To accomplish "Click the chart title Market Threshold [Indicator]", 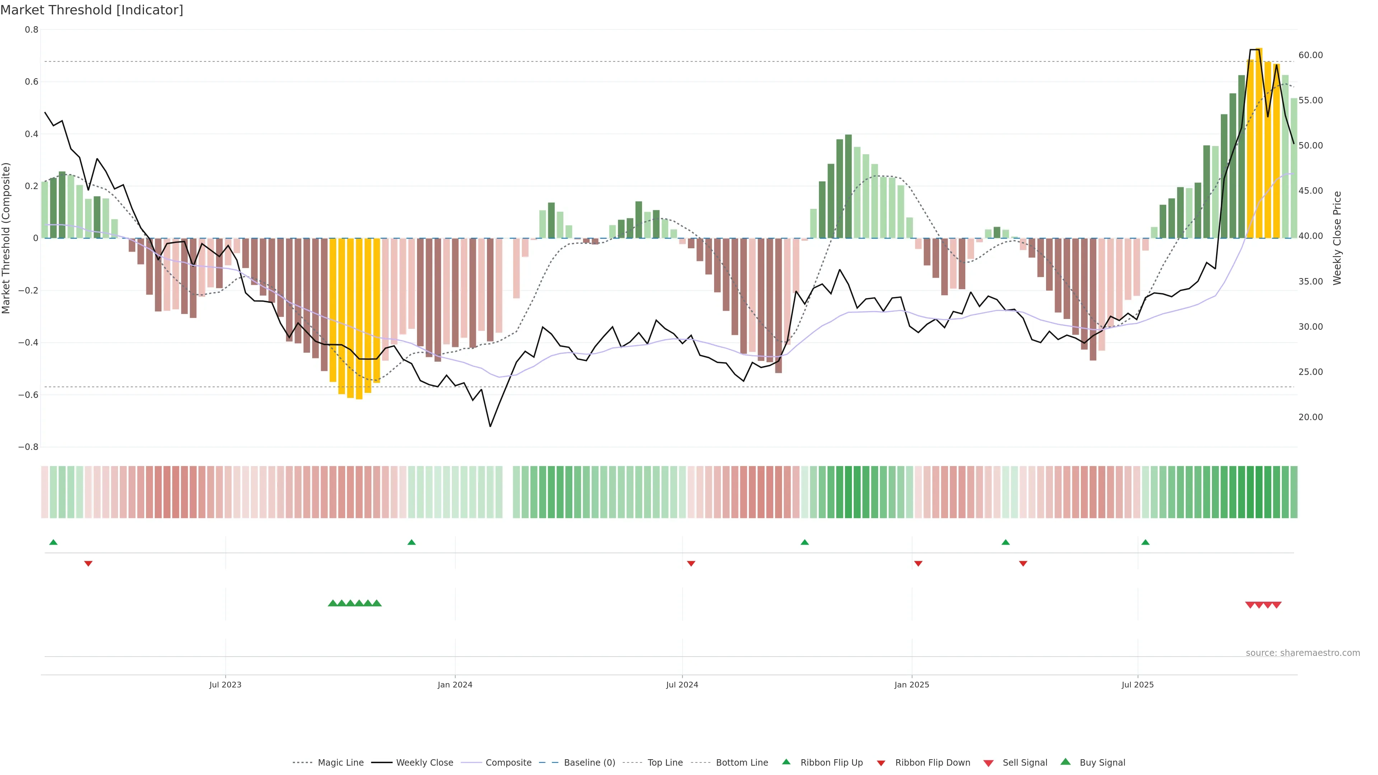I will click(x=92, y=10).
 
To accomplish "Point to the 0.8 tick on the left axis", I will click(x=32, y=30).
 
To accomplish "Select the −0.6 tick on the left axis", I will click(x=28, y=395).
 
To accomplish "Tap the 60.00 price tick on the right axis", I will click(x=1310, y=55).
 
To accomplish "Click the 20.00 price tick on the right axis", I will click(x=1310, y=417).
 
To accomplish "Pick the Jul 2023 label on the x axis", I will click(x=225, y=685).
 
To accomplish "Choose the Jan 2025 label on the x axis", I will click(x=911, y=685).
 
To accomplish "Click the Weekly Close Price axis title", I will click(x=1337, y=238).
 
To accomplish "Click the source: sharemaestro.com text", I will click(x=1303, y=653).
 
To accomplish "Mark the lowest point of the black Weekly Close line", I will click(x=490, y=426).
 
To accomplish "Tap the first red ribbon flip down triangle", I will click(x=88, y=564).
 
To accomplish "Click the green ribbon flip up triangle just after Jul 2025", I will click(x=1145, y=542).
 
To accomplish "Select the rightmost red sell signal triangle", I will click(x=1276, y=605).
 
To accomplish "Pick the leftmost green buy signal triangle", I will click(x=332, y=603).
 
